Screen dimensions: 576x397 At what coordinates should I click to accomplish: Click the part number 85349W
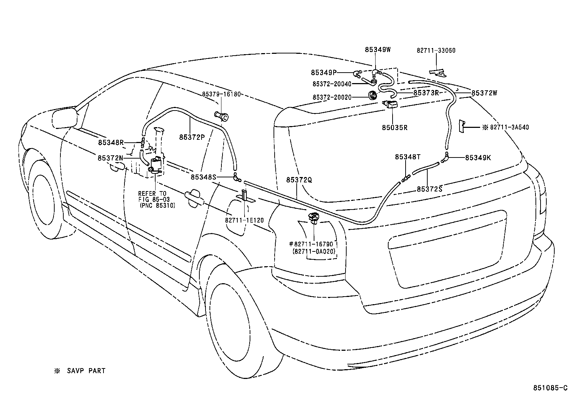[x=377, y=50]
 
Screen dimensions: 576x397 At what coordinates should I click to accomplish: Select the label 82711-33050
[x=436, y=51]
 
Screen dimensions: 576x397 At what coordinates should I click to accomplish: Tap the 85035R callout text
[x=395, y=128]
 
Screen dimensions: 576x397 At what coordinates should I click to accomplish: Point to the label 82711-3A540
[x=509, y=127]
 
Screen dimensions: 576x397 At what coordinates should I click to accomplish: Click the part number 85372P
[x=192, y=137]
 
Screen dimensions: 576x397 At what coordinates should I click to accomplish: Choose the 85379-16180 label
[x=221, y=94]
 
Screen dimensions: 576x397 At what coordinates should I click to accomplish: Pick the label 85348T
[x=407, y=157]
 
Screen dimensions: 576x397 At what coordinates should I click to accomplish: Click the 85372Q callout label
[x=299, y=180]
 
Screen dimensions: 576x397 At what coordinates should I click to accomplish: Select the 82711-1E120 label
[x=245, y=220]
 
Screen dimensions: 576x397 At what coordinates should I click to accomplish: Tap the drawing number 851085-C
[x=550, y=388]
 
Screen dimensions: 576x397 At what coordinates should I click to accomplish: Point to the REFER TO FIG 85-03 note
[x=154, y=197]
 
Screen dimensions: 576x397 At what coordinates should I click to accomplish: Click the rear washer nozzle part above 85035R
[x=390, y=104]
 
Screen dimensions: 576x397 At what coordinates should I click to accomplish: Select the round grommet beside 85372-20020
[x=373, y=95]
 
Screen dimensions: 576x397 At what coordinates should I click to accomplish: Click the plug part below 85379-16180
[x=221, y=116]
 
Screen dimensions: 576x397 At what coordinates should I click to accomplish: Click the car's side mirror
[x=65, y=118]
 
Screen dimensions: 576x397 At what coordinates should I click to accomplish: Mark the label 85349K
[x=478, y=157]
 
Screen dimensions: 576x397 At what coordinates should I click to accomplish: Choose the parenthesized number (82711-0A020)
[x=314, y=251]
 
